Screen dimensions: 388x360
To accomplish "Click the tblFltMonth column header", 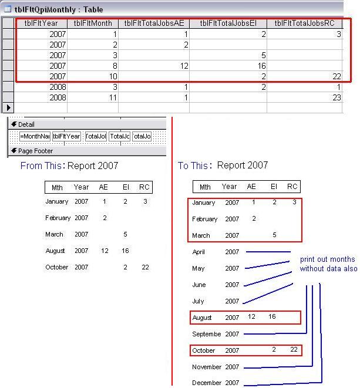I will (92, 23).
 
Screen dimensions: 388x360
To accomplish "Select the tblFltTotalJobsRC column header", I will (305, 23).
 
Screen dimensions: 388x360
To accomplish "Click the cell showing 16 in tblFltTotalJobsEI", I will (227, 66).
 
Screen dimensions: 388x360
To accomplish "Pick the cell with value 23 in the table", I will (305, 97).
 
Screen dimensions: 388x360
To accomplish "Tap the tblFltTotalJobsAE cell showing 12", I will (153, 66).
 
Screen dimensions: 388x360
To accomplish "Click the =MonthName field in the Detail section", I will (35, 136).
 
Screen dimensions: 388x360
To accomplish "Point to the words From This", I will (40, 166).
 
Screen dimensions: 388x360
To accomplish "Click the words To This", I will (192, 166).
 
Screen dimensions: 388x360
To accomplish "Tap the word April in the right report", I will (198, 252).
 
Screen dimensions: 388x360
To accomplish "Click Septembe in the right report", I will (207, 334).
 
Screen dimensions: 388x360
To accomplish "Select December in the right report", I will (207, 383).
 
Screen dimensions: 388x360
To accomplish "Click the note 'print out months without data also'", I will (328, 264).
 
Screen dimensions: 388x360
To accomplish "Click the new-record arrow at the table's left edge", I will (8, 107).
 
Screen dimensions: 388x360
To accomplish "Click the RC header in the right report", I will (292, 187).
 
